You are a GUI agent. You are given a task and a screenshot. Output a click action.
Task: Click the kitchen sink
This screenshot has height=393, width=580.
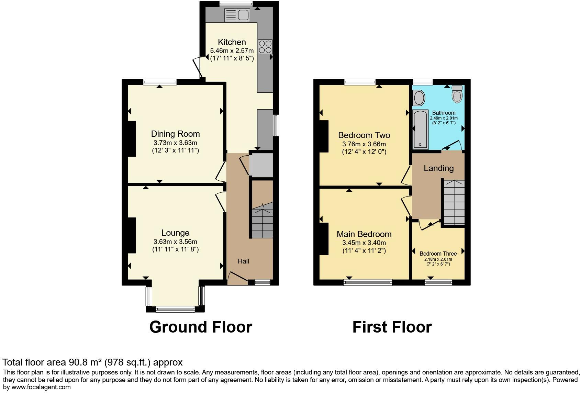237,15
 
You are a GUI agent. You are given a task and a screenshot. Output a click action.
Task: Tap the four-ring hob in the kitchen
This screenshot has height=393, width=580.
265,47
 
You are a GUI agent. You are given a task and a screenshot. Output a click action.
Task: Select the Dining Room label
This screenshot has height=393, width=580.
176,134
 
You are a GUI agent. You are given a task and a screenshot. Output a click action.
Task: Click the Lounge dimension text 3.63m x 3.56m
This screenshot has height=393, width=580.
176,242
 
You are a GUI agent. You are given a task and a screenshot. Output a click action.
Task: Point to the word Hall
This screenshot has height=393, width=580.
243,261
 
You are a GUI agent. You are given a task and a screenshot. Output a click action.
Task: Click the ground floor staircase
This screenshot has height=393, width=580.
263,220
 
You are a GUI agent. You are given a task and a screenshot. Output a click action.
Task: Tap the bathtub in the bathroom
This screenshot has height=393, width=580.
420,130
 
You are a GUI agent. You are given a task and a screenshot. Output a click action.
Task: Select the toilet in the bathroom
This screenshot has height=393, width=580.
457,94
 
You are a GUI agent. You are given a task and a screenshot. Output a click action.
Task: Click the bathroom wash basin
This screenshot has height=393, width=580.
419,98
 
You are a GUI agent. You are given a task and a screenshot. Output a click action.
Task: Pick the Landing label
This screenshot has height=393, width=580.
439,168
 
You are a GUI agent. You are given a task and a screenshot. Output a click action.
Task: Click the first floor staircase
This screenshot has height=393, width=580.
454,202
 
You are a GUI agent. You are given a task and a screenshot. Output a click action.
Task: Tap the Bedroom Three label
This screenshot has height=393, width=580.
438,254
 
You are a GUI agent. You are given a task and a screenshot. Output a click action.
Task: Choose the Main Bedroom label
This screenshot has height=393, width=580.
364,234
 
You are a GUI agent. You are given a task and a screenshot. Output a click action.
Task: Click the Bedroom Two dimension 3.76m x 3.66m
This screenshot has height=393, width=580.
364,144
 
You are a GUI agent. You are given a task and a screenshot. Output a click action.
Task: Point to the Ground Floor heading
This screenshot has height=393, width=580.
201,327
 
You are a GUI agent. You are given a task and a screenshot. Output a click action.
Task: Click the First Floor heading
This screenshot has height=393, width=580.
392,327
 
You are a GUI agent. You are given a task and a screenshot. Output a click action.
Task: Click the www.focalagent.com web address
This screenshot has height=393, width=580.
41,387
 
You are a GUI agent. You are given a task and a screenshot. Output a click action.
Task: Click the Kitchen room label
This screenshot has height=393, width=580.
232,42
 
